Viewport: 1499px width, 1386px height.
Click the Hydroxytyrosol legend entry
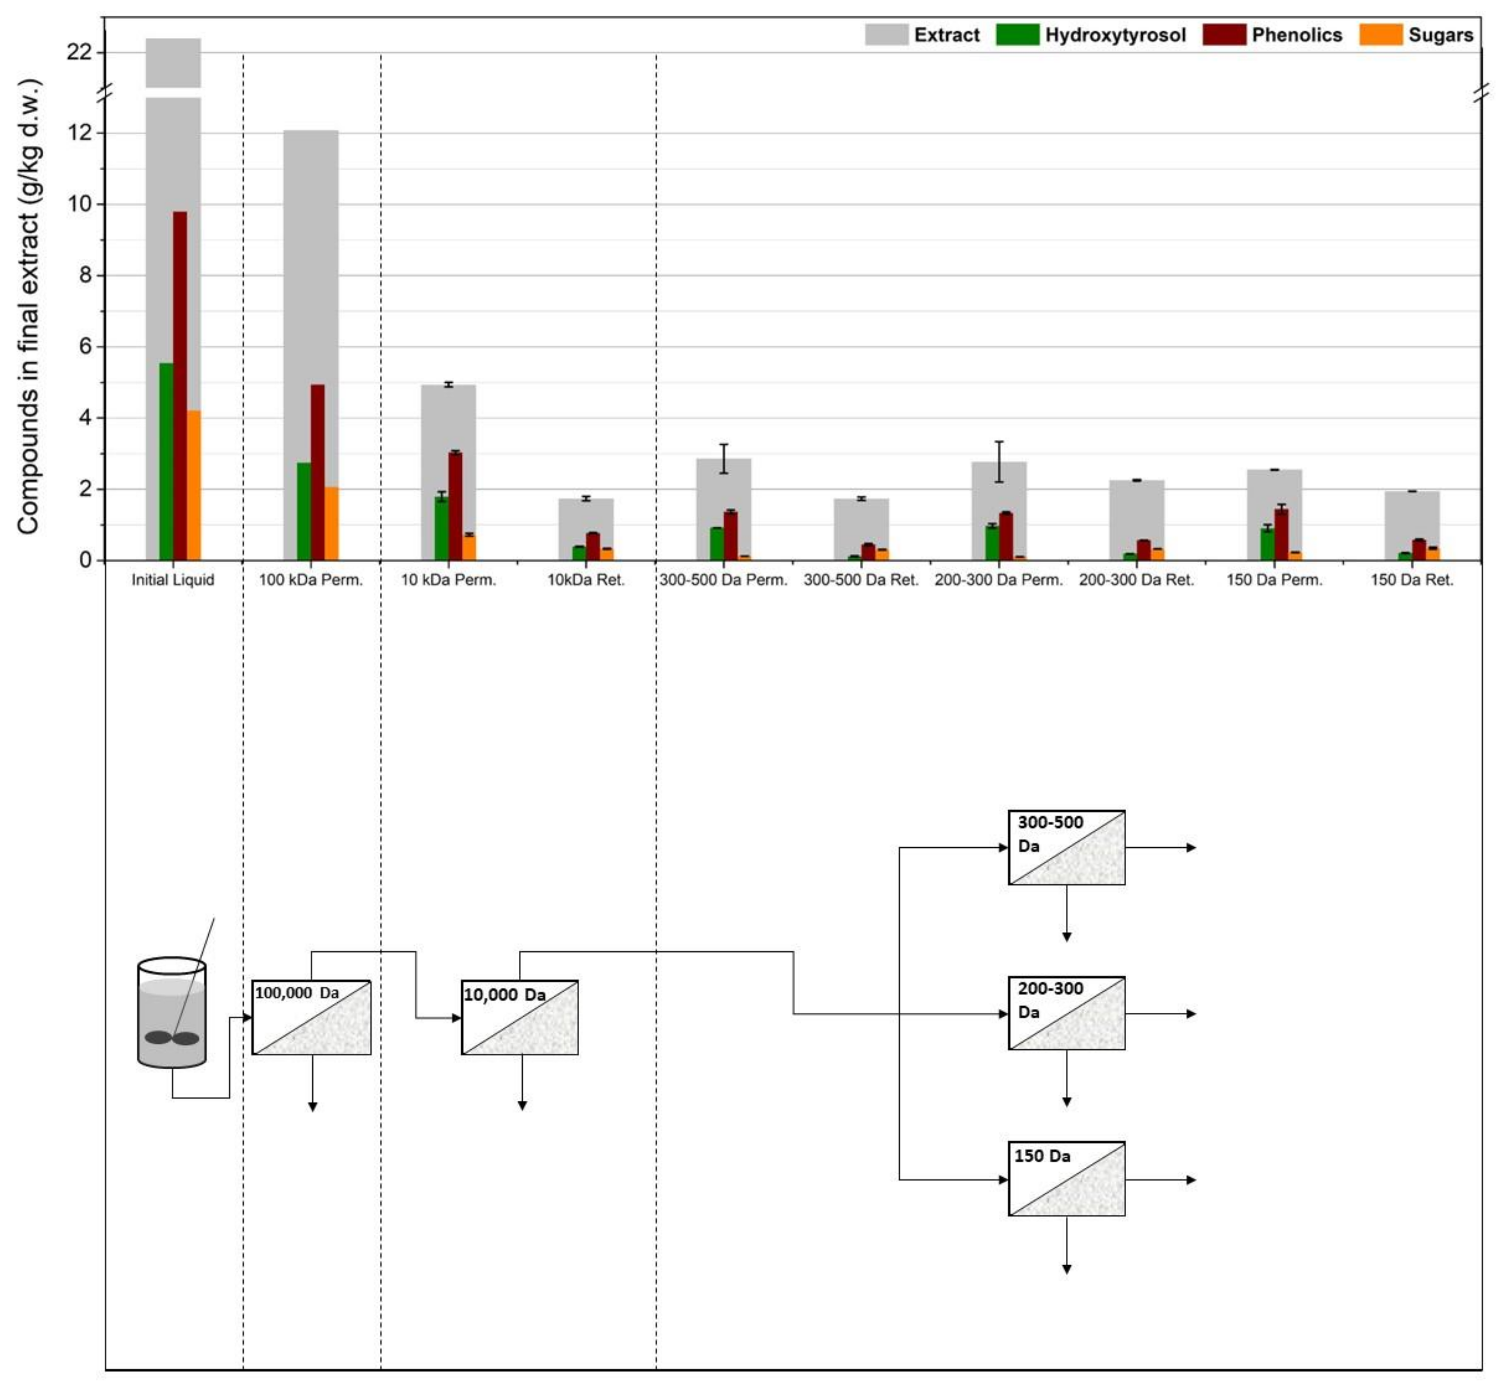[1091, 35]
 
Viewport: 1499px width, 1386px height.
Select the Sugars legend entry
[1416, 35]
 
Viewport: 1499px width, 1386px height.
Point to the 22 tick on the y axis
[79, 52]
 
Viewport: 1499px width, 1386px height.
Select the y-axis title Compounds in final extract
[29, 308]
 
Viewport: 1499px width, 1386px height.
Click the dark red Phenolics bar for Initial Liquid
[180, 386]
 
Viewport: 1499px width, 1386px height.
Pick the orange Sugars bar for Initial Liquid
[194, 485]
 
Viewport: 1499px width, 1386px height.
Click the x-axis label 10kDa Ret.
[585, 580]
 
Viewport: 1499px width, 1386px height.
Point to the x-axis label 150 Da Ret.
[1411, 580]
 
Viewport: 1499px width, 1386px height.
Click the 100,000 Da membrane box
[311, 1017]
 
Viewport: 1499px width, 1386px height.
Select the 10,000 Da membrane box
[520, 1017]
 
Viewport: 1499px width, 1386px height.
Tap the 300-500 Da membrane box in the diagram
[1066, 847]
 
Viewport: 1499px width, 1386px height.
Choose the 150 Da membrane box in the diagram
[1066, 1179]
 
